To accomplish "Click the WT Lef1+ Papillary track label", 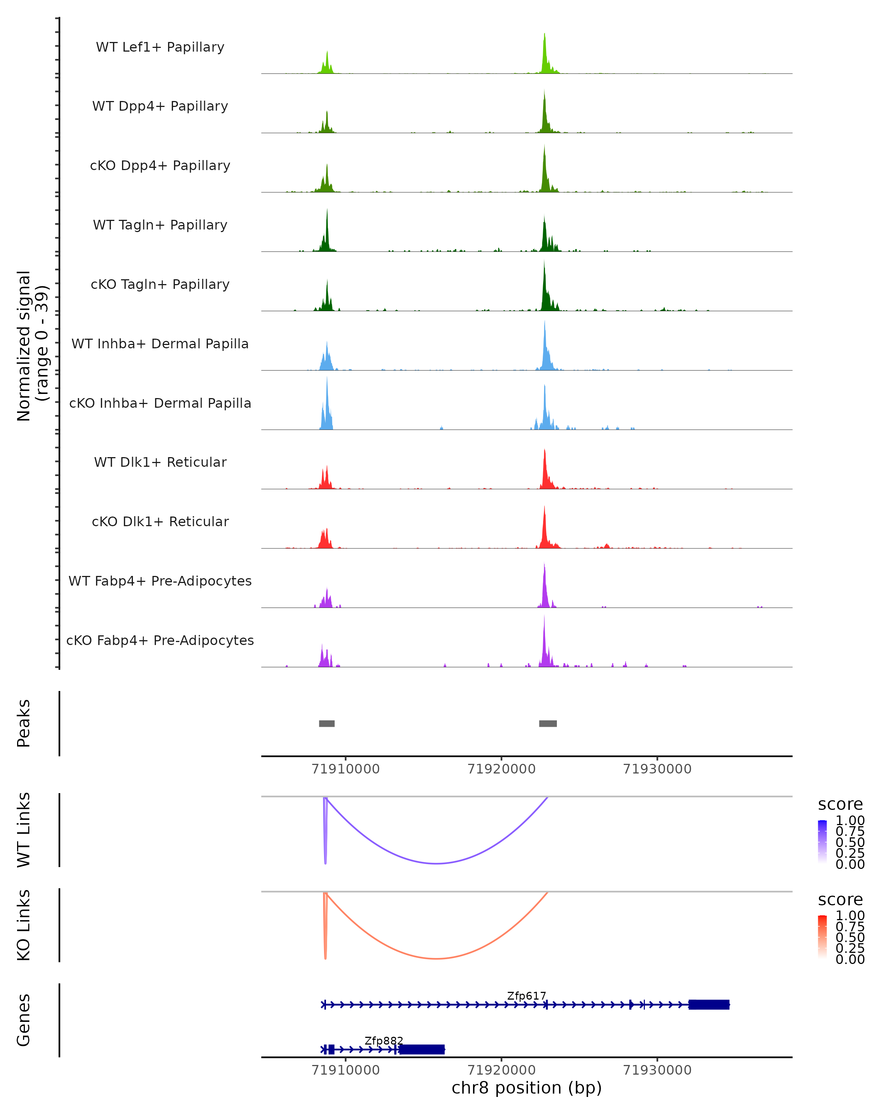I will point(160,47).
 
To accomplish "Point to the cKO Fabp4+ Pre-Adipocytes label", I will point(160,640).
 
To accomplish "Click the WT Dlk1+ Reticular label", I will point(160,462).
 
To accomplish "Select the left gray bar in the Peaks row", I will point(327,723).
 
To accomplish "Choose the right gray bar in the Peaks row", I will point(548,723).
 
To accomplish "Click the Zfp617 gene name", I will point(526,996).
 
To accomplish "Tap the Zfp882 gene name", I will point(384,1040).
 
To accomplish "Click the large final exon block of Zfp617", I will point(709,1004).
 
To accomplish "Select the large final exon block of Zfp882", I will point(422,1049).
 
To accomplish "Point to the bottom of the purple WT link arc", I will point(437,863).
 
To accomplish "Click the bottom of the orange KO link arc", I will point(437,958).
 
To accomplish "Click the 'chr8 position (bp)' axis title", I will point(526,1088).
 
